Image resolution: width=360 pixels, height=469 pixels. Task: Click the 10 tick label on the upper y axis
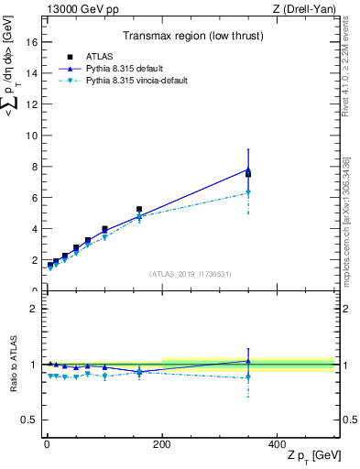point(31,136)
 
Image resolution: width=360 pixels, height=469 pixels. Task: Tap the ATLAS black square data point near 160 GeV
point(139,209)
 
